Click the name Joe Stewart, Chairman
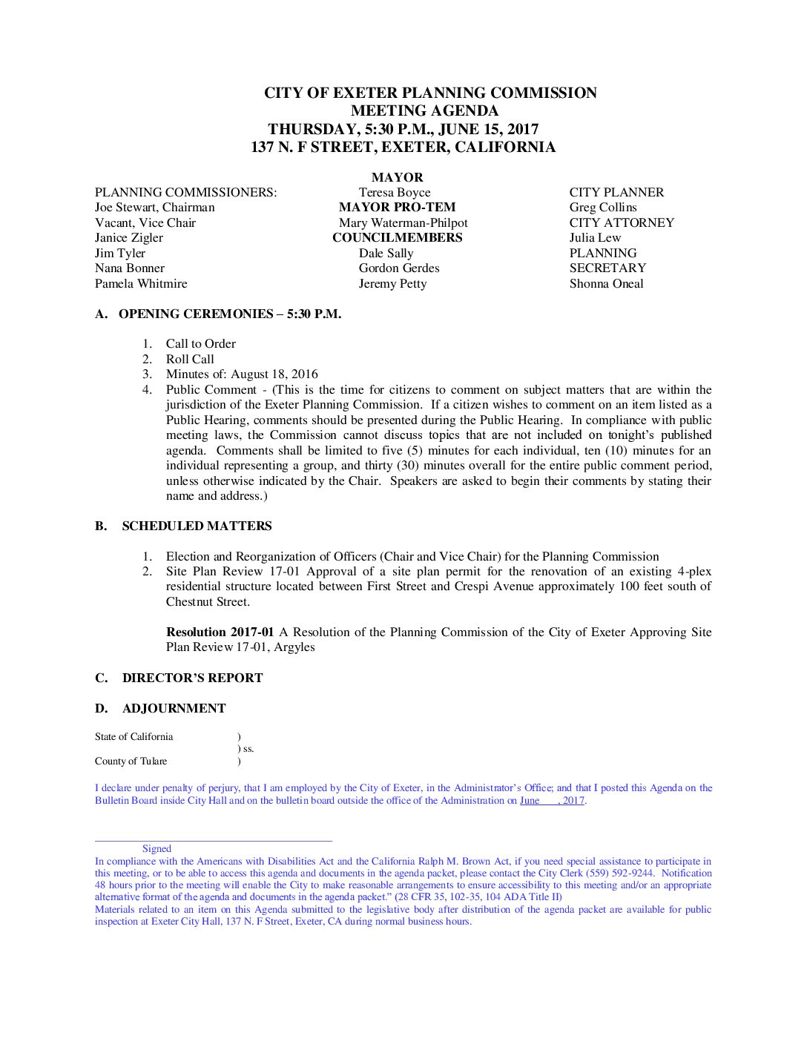click(154, 208)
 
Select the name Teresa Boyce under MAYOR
click(394, 193)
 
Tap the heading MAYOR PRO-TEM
click(397, 208)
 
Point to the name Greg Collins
click(603, 208)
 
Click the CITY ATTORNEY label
click(622, 223)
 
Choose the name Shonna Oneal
click(606, 284)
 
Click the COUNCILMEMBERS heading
click(397, 238)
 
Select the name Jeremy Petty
click(392, 284)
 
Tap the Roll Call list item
click(190, 360)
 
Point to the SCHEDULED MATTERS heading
click(197, 526)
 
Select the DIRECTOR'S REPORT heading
click(192, 678)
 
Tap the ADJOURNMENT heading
click(174, 709)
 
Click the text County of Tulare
click(131, 761)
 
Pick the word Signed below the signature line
click(157, 849)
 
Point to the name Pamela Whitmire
click(141, 284)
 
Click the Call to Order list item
click(200, 344)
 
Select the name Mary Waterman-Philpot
click(403, 223)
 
